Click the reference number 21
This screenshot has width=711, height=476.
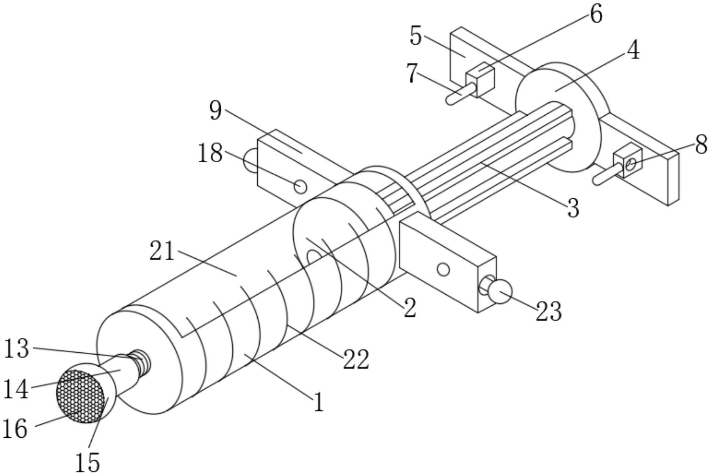pos(162,251)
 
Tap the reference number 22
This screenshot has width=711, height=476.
pos(356,359)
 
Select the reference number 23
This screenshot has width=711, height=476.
pos(548,311)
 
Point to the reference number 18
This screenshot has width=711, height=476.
pos(210,153)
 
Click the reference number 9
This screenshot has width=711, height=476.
pos(216,111)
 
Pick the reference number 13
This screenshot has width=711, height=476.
pos(16,349)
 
